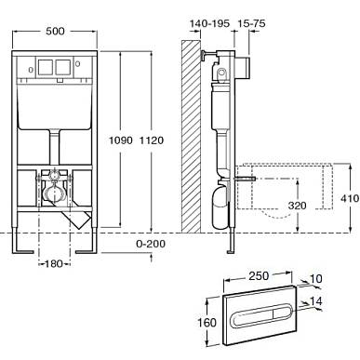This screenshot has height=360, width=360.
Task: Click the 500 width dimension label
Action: (55, 31)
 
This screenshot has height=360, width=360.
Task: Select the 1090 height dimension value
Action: (121, 140)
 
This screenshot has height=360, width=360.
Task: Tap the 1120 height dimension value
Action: (152, 140)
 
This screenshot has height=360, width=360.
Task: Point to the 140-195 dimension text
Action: (209, 23)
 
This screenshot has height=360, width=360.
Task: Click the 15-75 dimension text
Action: (251, 23)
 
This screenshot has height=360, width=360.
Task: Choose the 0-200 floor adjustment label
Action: (151, 244)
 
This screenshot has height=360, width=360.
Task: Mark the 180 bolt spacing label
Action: (54, 264)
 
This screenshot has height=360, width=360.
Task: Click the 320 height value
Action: (297, 206)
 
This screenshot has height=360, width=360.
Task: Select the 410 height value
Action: (350, 198)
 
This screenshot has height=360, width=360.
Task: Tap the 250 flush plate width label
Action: (259, 275)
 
